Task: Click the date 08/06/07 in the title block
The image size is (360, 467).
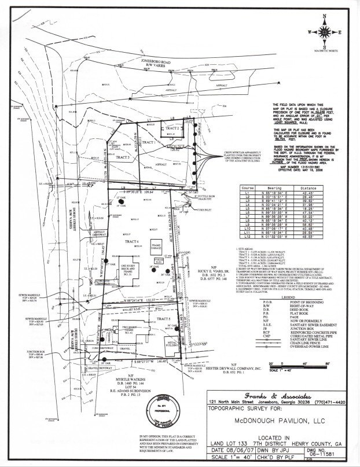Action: point(241,448)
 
